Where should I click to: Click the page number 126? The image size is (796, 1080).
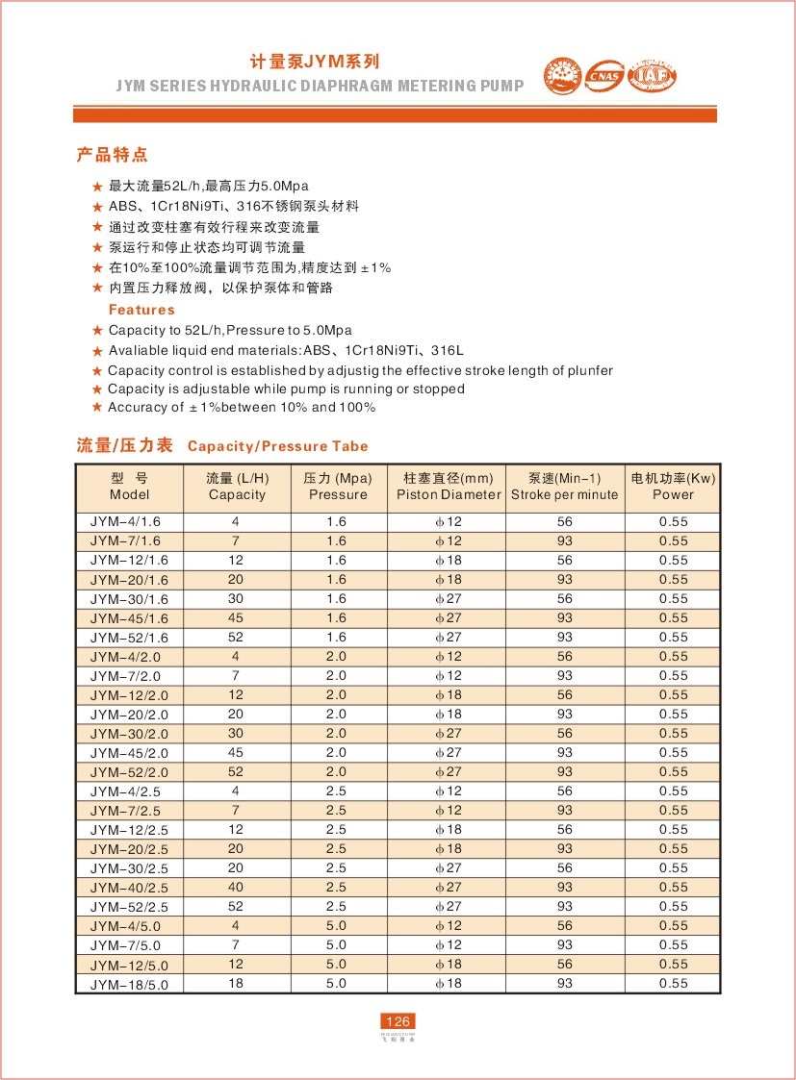398,1020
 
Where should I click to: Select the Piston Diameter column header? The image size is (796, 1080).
449,487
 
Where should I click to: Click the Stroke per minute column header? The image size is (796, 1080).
564,487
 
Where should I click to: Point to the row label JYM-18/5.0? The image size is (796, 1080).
129,983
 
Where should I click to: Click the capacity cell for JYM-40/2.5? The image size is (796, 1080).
236,887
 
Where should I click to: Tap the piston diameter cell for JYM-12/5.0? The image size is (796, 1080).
449,964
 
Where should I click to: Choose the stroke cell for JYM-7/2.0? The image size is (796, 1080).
564,675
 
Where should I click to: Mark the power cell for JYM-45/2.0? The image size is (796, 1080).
673,752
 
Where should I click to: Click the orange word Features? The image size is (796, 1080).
141,310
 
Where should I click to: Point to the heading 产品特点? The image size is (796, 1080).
112,155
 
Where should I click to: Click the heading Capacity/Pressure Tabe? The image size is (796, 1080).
277,446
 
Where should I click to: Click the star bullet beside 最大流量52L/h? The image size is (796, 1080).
96,186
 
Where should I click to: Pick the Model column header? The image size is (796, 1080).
129,487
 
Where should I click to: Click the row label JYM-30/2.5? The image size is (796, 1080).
129,867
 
